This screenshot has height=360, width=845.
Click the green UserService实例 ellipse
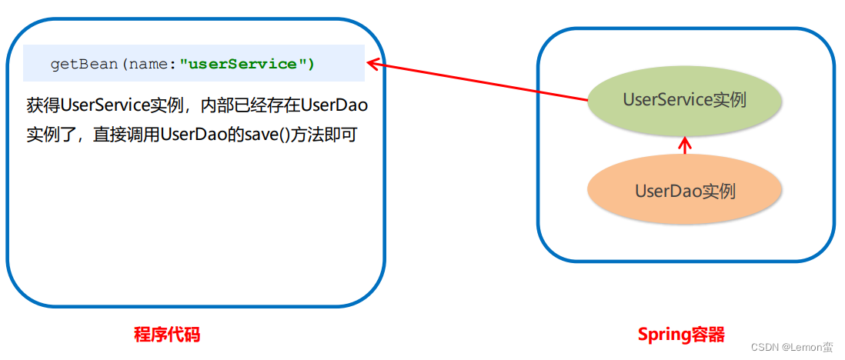[x=684, y=101]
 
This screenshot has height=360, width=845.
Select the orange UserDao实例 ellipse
[x=684, y=191]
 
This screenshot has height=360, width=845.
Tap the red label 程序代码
[x=166, y=335]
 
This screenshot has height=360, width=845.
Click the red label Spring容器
[x=680, y=335]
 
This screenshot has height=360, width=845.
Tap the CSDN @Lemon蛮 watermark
[x=792, y=348]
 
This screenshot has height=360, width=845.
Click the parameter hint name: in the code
[x=152, y=65]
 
